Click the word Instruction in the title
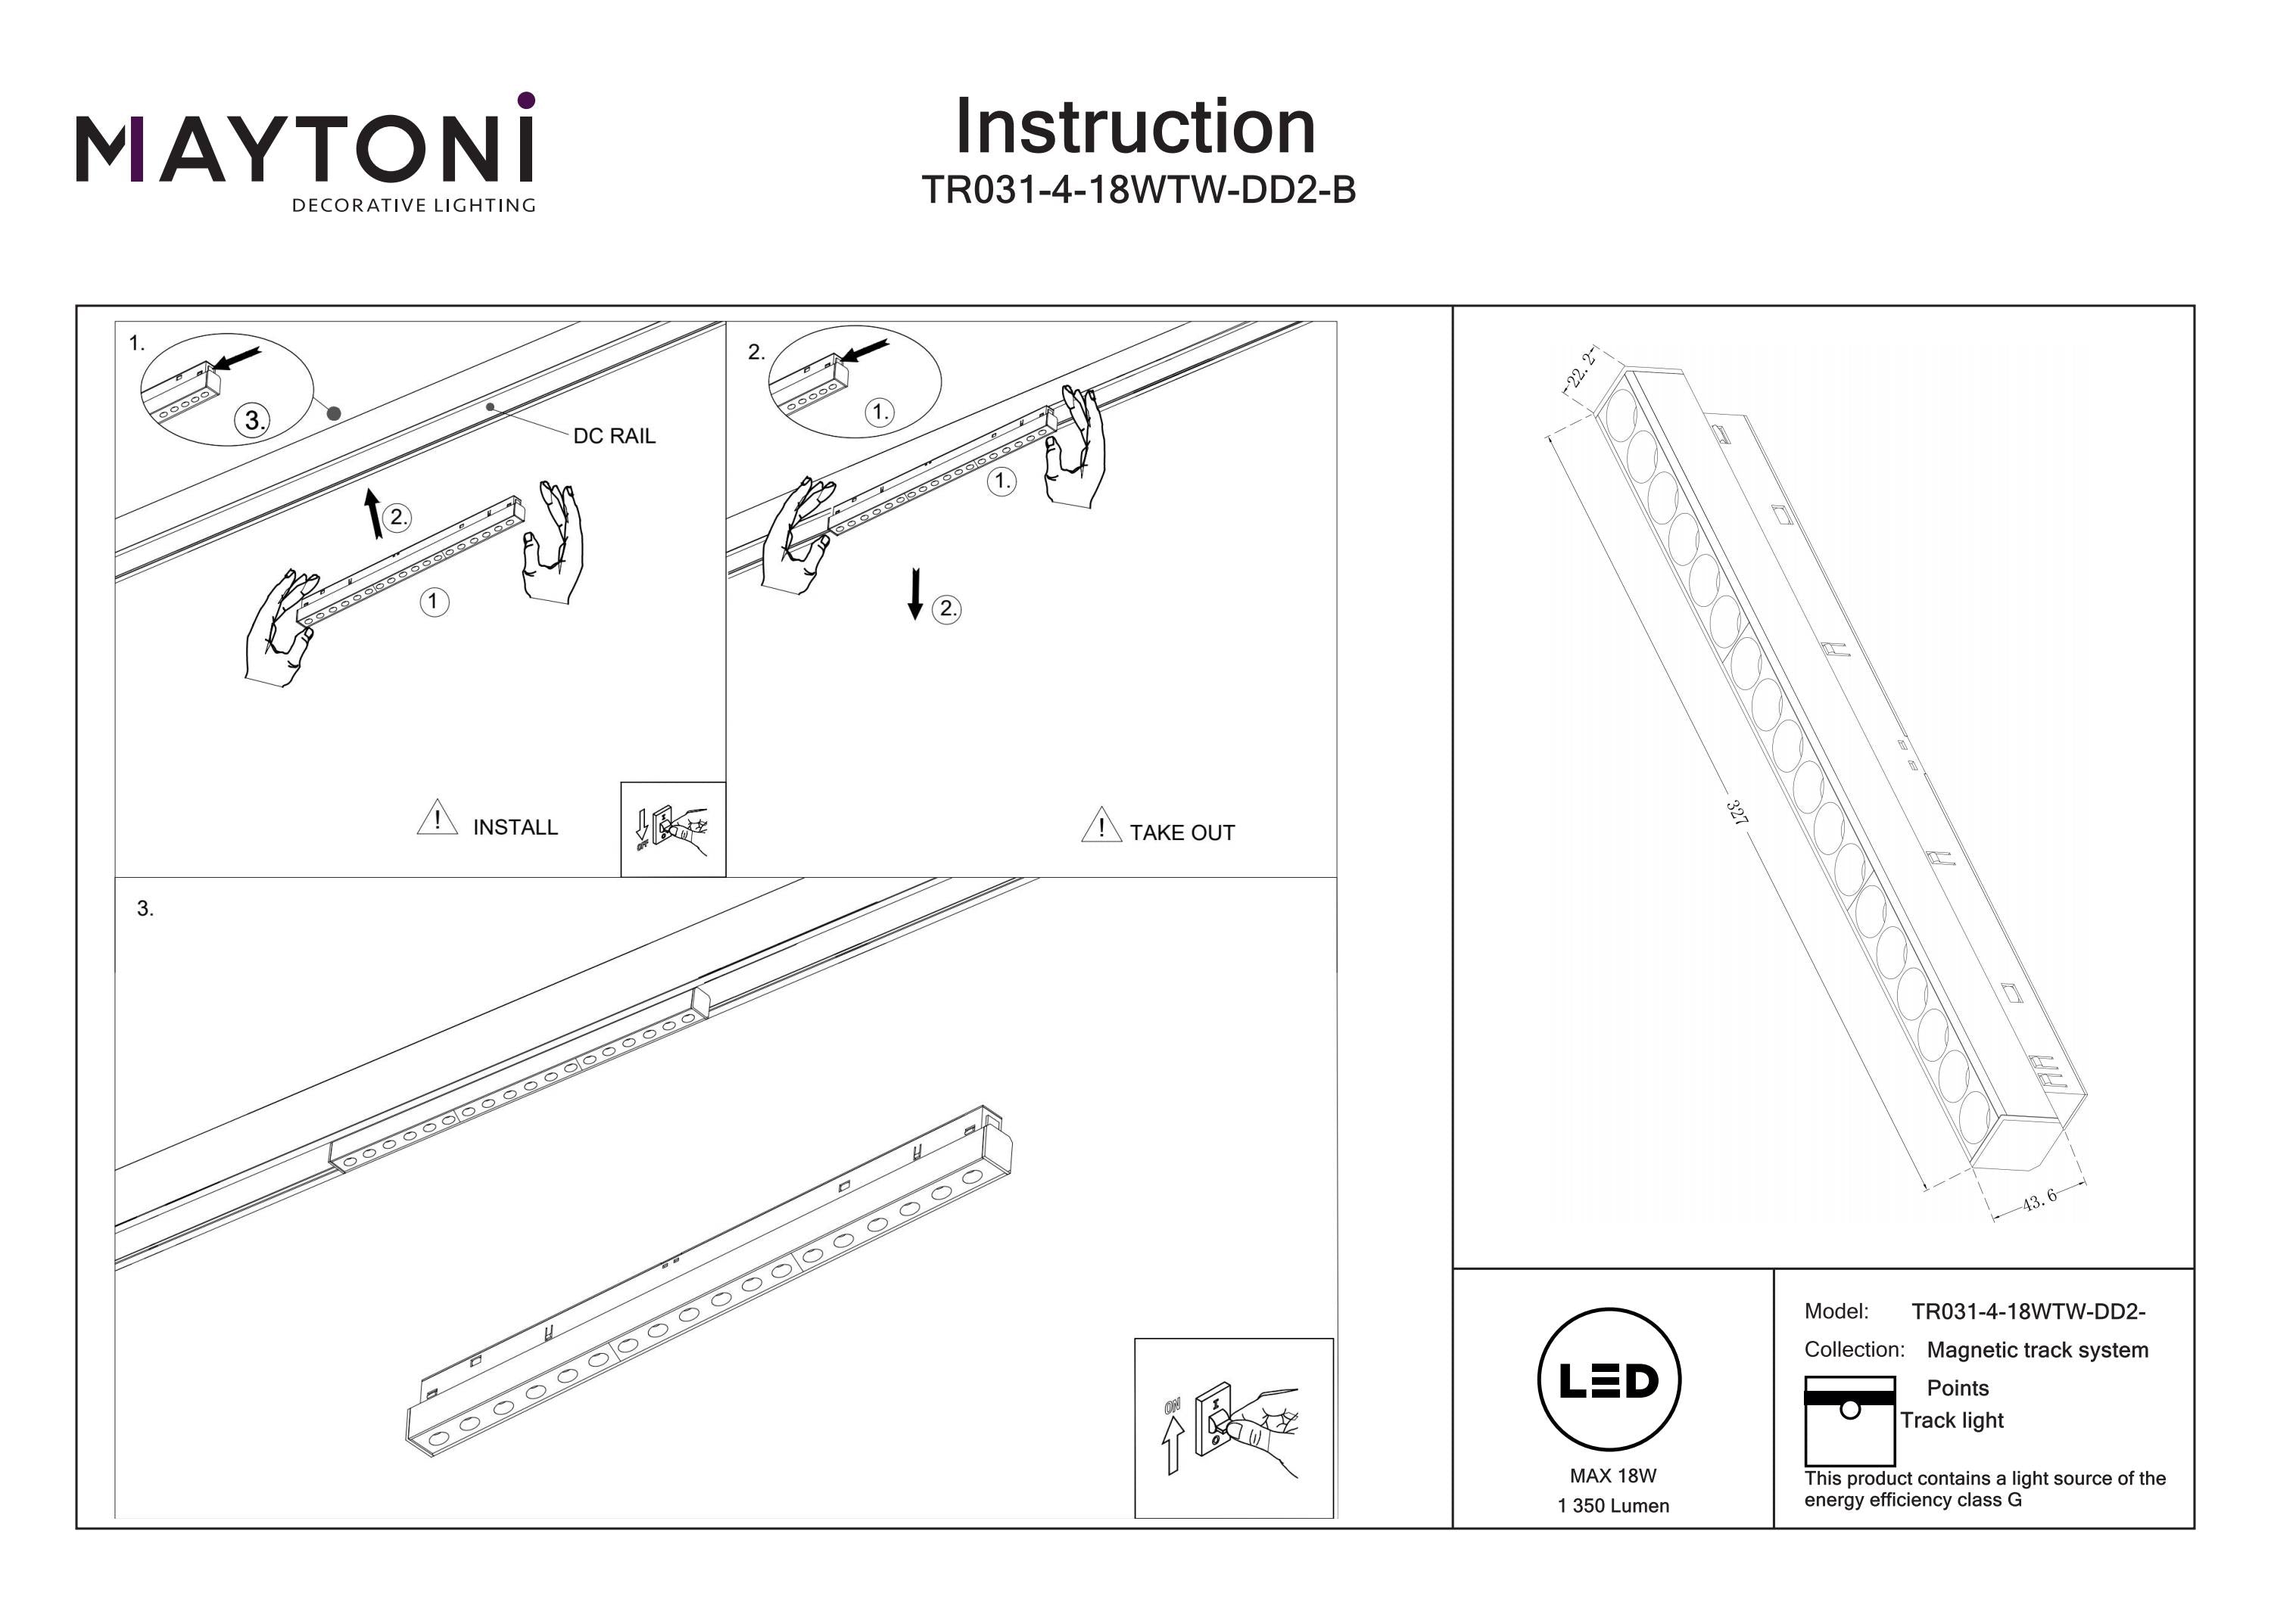1135,128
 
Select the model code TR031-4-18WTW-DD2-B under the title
1138,190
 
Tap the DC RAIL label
614,436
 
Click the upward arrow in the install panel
373,513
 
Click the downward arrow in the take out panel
915,593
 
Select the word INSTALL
516,827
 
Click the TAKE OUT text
1182,832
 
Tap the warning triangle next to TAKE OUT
1101,825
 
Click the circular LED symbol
1609,1380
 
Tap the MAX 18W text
1612,1476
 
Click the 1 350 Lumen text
1612,1506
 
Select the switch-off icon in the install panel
673,829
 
